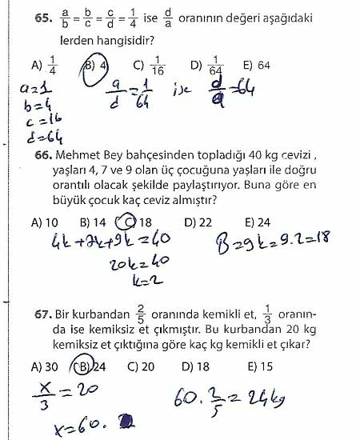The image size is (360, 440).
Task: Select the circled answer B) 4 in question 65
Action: click(95, 66)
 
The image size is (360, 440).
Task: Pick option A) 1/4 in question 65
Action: click(39, 66)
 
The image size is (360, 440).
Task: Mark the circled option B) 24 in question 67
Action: click(90, 367)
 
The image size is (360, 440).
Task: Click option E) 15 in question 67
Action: click(260, 367)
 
